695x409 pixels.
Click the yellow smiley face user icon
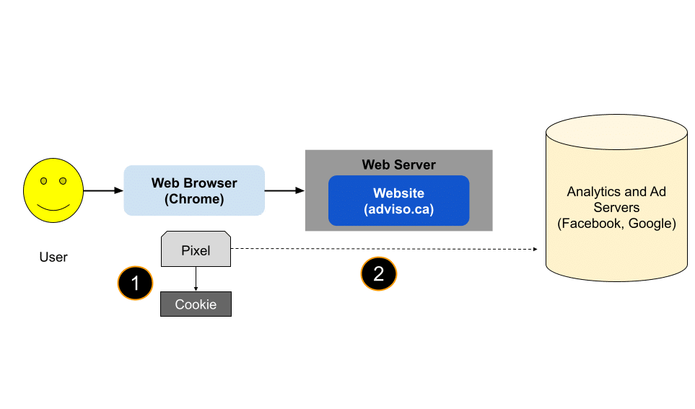coord(53,191)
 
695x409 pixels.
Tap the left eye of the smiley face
coord(43,180)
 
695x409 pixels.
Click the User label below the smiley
coord(53,257)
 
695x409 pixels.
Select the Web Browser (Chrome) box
coord(194,190)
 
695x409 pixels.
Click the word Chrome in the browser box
coord(194,198)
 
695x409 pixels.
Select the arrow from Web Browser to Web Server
coord(284,190)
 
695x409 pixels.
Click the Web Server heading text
coord(398,164)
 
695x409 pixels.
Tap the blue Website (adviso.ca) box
coord(398,201)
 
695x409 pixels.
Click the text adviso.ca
coord(398,209)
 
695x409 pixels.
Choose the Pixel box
coord(196,250)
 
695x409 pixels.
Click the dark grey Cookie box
coord(196,304)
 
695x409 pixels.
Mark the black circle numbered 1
coord(135,283)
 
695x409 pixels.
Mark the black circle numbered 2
coord(379,273)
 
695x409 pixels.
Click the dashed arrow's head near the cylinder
coord(536,250)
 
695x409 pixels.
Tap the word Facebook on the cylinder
coord(591,224)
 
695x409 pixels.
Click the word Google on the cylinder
coord(651,224)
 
